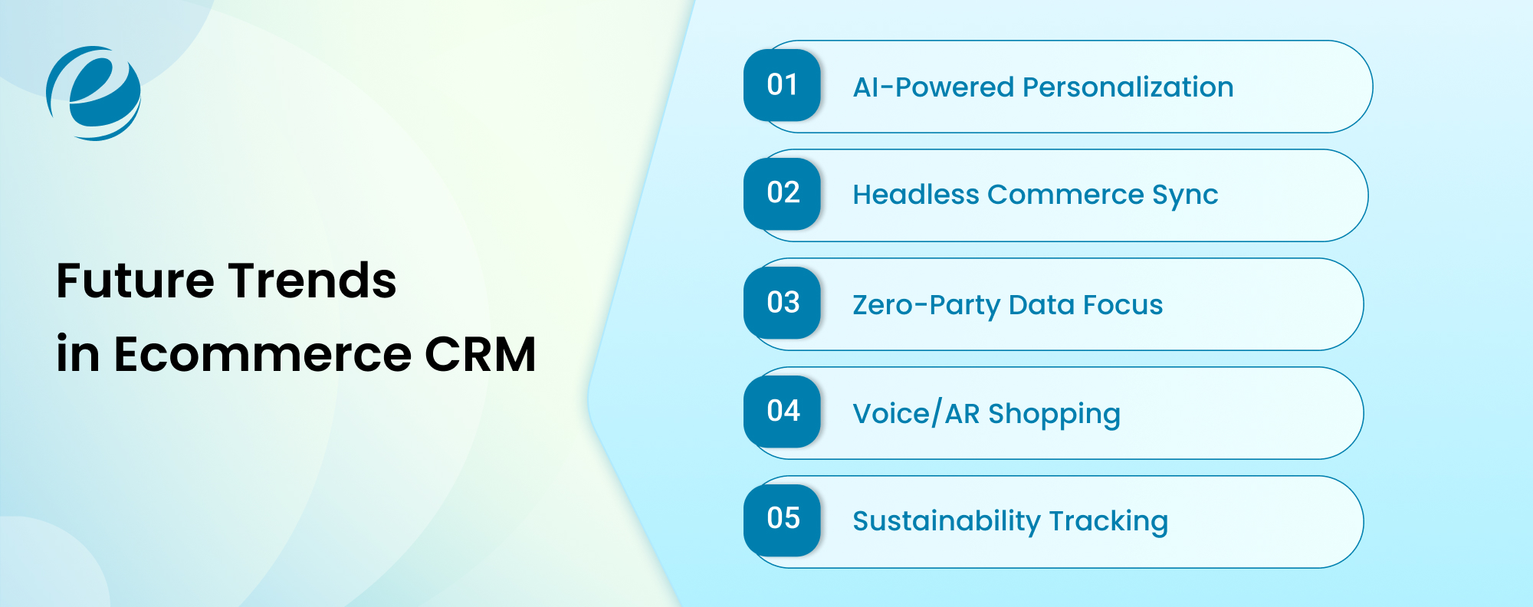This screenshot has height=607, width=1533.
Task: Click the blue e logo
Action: (94, 94)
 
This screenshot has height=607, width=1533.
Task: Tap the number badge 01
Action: (782, 85)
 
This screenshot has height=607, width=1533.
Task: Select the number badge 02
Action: (782, 193)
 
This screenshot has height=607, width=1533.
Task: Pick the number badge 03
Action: (782, 303)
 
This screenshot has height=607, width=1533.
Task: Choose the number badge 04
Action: (782, 412)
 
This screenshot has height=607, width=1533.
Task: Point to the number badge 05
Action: (782, 520)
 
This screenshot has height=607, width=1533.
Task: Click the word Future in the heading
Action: (135, 281)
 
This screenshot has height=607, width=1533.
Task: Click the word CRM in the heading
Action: (480, 354)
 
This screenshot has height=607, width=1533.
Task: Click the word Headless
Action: (916, 195)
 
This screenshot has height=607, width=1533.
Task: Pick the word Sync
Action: (1185, 196)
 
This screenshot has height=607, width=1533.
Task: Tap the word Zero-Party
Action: (927, 305)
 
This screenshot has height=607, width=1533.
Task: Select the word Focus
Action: (1123, 305)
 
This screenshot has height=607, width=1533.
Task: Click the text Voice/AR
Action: (916, 414)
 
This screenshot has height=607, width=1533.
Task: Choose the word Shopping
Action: (1054, 415)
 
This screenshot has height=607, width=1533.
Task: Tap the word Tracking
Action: (1108, 522)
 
